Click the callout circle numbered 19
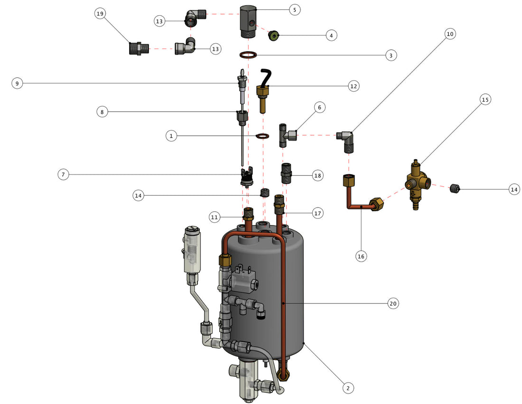point(100,14)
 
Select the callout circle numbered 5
point(294,9)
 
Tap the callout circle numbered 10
point(450,34)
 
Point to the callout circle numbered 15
point(485,100)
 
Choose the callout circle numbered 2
point(348,388)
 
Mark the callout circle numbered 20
point(392,303)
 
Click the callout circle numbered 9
point(17,84)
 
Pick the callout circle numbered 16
point(361,256)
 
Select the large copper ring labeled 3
point(249,55)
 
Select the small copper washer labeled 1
point(262,137)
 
